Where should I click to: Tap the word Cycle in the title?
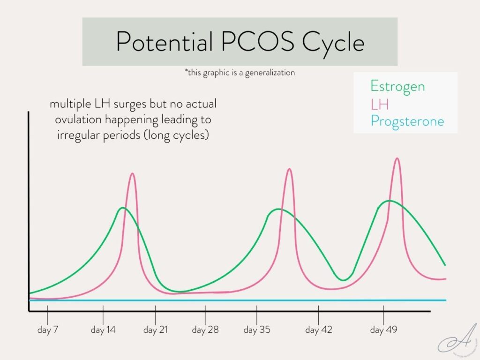pyautogui.click(x=333, y=42)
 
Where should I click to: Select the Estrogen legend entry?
pyautogui.click(x=397, y=86)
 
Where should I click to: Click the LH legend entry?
pyautogui.click(x=379, y=104)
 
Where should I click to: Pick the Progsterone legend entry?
pyautogui.click(x=407, y=121)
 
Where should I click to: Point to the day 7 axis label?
pyautogui.click(x=48, y=330)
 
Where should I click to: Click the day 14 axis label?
pyautogui.click(x=103, y=330)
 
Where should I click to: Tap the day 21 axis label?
pyautogui.click(x=155, y=330)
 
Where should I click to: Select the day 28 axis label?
pyautogui.click(x=205, y=330)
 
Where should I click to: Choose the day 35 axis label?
pyautogui.click(x=257, y=330)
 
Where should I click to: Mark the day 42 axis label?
pyautogui.click(x=319, y=330)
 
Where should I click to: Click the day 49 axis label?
pyautogui.click(x=383, y=330)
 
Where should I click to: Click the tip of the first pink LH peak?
pyautogui.click(x=132, y=174)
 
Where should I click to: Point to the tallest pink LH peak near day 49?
pyautogui.click(x=397, y=158)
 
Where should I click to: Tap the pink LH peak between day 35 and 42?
pyautogui.click(x=289, y=169)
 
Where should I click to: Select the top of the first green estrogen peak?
pyautogui.click(x=123, y=208)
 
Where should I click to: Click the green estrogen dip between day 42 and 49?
pyautogui.click(x=344, y=280)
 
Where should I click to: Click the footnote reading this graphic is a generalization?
pyautogui.click(x=240, y=73)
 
